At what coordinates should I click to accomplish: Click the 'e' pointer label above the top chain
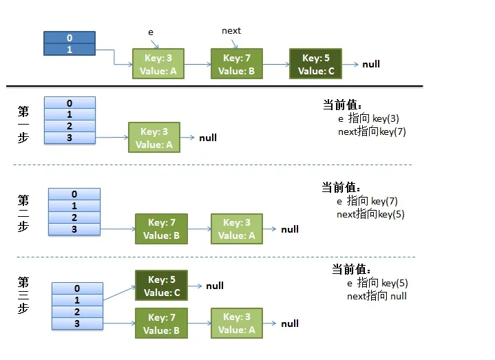point(151,32)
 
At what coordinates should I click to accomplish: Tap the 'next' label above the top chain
point(231,31)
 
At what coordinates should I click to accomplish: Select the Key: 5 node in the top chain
point(315,64)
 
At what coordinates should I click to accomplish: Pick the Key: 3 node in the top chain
point(158,64)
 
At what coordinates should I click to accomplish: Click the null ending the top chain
point(371,64)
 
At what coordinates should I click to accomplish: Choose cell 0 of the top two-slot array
point(69,38)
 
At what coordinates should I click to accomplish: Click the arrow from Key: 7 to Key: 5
point(276,65)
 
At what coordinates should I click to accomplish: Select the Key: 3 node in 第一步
point(154,138)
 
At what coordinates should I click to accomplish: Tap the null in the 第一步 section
point(208,138)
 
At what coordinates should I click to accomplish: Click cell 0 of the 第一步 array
point(70,103)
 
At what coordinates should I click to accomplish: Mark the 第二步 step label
point(23,213)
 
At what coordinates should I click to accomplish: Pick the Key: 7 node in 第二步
point(162,229)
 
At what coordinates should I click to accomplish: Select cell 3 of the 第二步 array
point(74,229)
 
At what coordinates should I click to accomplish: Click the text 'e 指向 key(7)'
point(367,201)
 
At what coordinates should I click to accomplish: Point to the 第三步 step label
point(23,295)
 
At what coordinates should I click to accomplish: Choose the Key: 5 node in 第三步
point(162,286)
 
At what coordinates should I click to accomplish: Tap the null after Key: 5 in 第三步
point(215,286)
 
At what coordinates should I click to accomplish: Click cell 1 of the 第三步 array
point(77,300)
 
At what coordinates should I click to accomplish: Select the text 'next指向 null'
point(377,296)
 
